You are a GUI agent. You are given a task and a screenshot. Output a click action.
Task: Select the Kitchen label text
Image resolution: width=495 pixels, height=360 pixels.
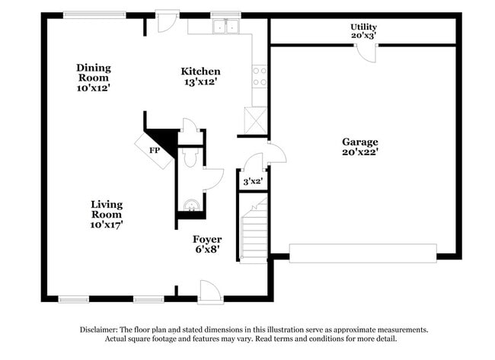click(201, 71)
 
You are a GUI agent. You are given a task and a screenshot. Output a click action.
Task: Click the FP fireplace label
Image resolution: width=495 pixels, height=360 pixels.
click(154, 150)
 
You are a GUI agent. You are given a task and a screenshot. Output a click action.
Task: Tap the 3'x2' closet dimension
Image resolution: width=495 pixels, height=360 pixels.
click(252, 181)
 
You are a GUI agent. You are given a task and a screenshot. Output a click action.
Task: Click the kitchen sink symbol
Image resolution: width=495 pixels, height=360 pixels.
click(226, 27)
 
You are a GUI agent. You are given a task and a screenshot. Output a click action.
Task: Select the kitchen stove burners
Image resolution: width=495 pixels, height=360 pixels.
click(260, 76)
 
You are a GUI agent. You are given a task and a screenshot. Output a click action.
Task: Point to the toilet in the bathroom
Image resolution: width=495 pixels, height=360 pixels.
click(190, 158)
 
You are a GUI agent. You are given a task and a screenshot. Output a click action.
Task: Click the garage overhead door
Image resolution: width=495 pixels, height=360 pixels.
click(363, 252)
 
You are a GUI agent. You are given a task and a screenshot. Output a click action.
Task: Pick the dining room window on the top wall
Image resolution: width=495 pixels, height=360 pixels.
click(89, 14)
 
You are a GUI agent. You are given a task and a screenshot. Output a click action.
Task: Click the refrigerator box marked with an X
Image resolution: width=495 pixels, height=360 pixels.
click(254, 119)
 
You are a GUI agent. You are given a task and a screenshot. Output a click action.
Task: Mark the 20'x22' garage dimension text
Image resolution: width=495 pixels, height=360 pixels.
click(359, 151)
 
